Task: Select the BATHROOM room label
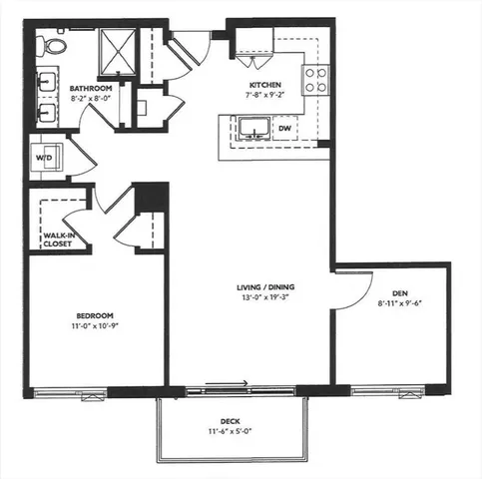pyautogui.click(x=91, y=89)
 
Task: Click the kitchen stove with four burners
pyautogui.click(x=316, y=80)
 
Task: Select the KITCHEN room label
pyautogui.click(x=264, y=85)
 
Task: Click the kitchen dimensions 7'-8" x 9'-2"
pyautogui.click(x=264, y=96)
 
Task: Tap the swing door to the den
pyautogui.click(x=349, y=289)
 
